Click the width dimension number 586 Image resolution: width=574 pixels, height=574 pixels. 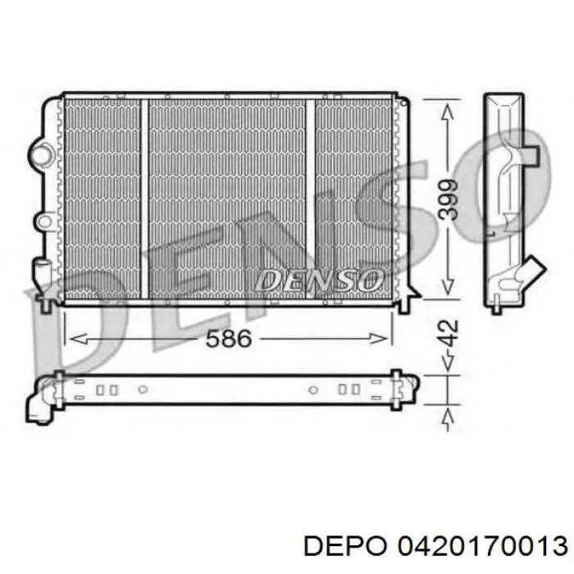click(229, 339)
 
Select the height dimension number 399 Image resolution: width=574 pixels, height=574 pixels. click(449, 199)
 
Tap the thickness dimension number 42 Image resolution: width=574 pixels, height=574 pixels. click(449, 333)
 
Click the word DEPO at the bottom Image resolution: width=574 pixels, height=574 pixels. click(345, 546)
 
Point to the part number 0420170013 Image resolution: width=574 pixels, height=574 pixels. click(483, 546)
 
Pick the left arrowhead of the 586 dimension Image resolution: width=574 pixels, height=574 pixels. click(78, 339)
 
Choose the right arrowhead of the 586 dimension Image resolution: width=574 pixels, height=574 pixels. click(378, 339)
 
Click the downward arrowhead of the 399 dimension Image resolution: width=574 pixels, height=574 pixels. click(448, 287)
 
